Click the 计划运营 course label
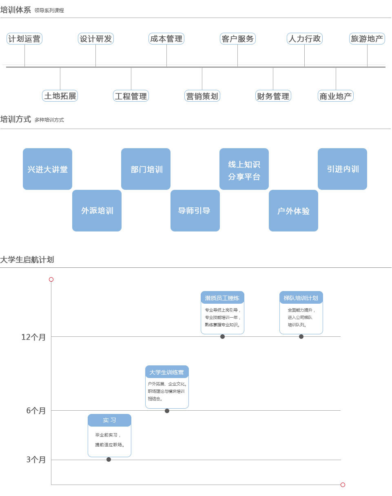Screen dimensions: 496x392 24,39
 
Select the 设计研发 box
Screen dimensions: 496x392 96,39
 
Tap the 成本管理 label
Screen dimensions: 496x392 166,39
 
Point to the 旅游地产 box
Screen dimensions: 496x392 367,39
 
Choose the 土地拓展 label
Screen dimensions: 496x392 60,96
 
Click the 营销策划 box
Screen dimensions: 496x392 202,96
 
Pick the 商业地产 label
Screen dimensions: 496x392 336,96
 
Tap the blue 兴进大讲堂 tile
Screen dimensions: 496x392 47,169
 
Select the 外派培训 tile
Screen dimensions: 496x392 97,211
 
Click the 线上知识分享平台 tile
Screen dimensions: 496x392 244,169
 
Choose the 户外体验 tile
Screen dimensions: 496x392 293,211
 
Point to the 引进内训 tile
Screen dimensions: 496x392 343,169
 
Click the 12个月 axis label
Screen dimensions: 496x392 33,337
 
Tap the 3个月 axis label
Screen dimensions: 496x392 36,460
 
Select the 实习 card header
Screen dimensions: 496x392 109,420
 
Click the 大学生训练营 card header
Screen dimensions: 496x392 167,372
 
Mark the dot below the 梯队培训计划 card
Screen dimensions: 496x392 301,336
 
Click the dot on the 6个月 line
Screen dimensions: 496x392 167,411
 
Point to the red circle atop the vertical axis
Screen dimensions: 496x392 51,279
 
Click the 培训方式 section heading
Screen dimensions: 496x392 16,119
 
